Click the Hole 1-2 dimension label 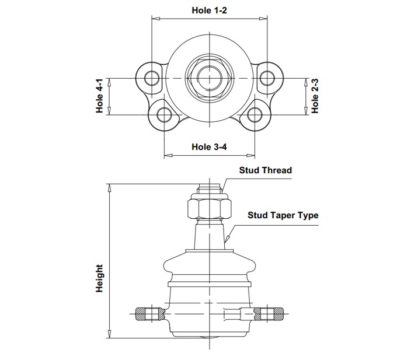[x=209, y=11]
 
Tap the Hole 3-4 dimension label [x=209, y=147]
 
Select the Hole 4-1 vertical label [x=100, y=96]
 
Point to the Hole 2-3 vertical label [x=315, y=96]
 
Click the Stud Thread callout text [x=266, y=170]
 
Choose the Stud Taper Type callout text [x=283, y=215]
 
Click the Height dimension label [x=100, y=278]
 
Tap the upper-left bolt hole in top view [x=152, y=78]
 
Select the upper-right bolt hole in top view [x=267, y=78]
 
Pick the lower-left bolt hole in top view [x=165, y=115]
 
